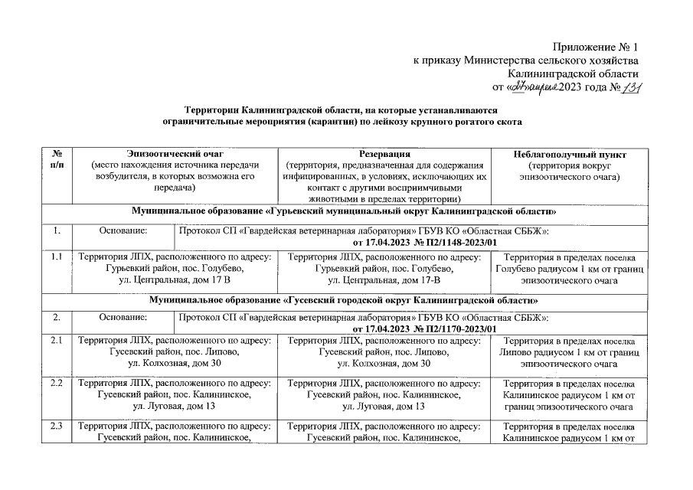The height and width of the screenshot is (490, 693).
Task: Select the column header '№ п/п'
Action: tap(57, 158)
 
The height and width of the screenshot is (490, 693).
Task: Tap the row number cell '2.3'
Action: tap(57, 426)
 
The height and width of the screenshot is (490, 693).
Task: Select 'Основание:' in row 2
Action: tap(123, 317)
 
